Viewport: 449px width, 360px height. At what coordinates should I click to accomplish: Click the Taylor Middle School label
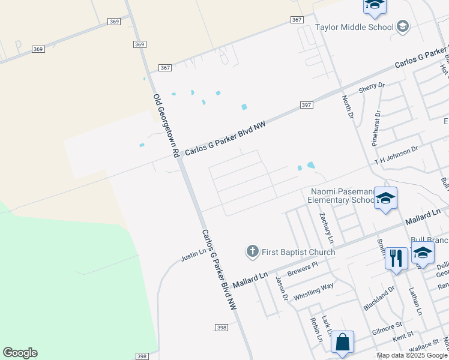354,27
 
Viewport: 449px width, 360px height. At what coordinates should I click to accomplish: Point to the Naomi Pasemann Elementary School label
342,196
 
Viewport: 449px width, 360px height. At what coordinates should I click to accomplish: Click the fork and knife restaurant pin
396,259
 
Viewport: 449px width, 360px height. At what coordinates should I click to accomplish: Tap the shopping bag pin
342,343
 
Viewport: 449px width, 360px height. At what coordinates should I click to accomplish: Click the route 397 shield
306,105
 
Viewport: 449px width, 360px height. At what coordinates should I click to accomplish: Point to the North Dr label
346,106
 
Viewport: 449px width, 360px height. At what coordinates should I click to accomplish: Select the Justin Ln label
194,255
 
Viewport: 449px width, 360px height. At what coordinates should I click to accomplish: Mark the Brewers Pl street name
301,270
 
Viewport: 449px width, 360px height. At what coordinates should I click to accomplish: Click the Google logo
20,353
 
